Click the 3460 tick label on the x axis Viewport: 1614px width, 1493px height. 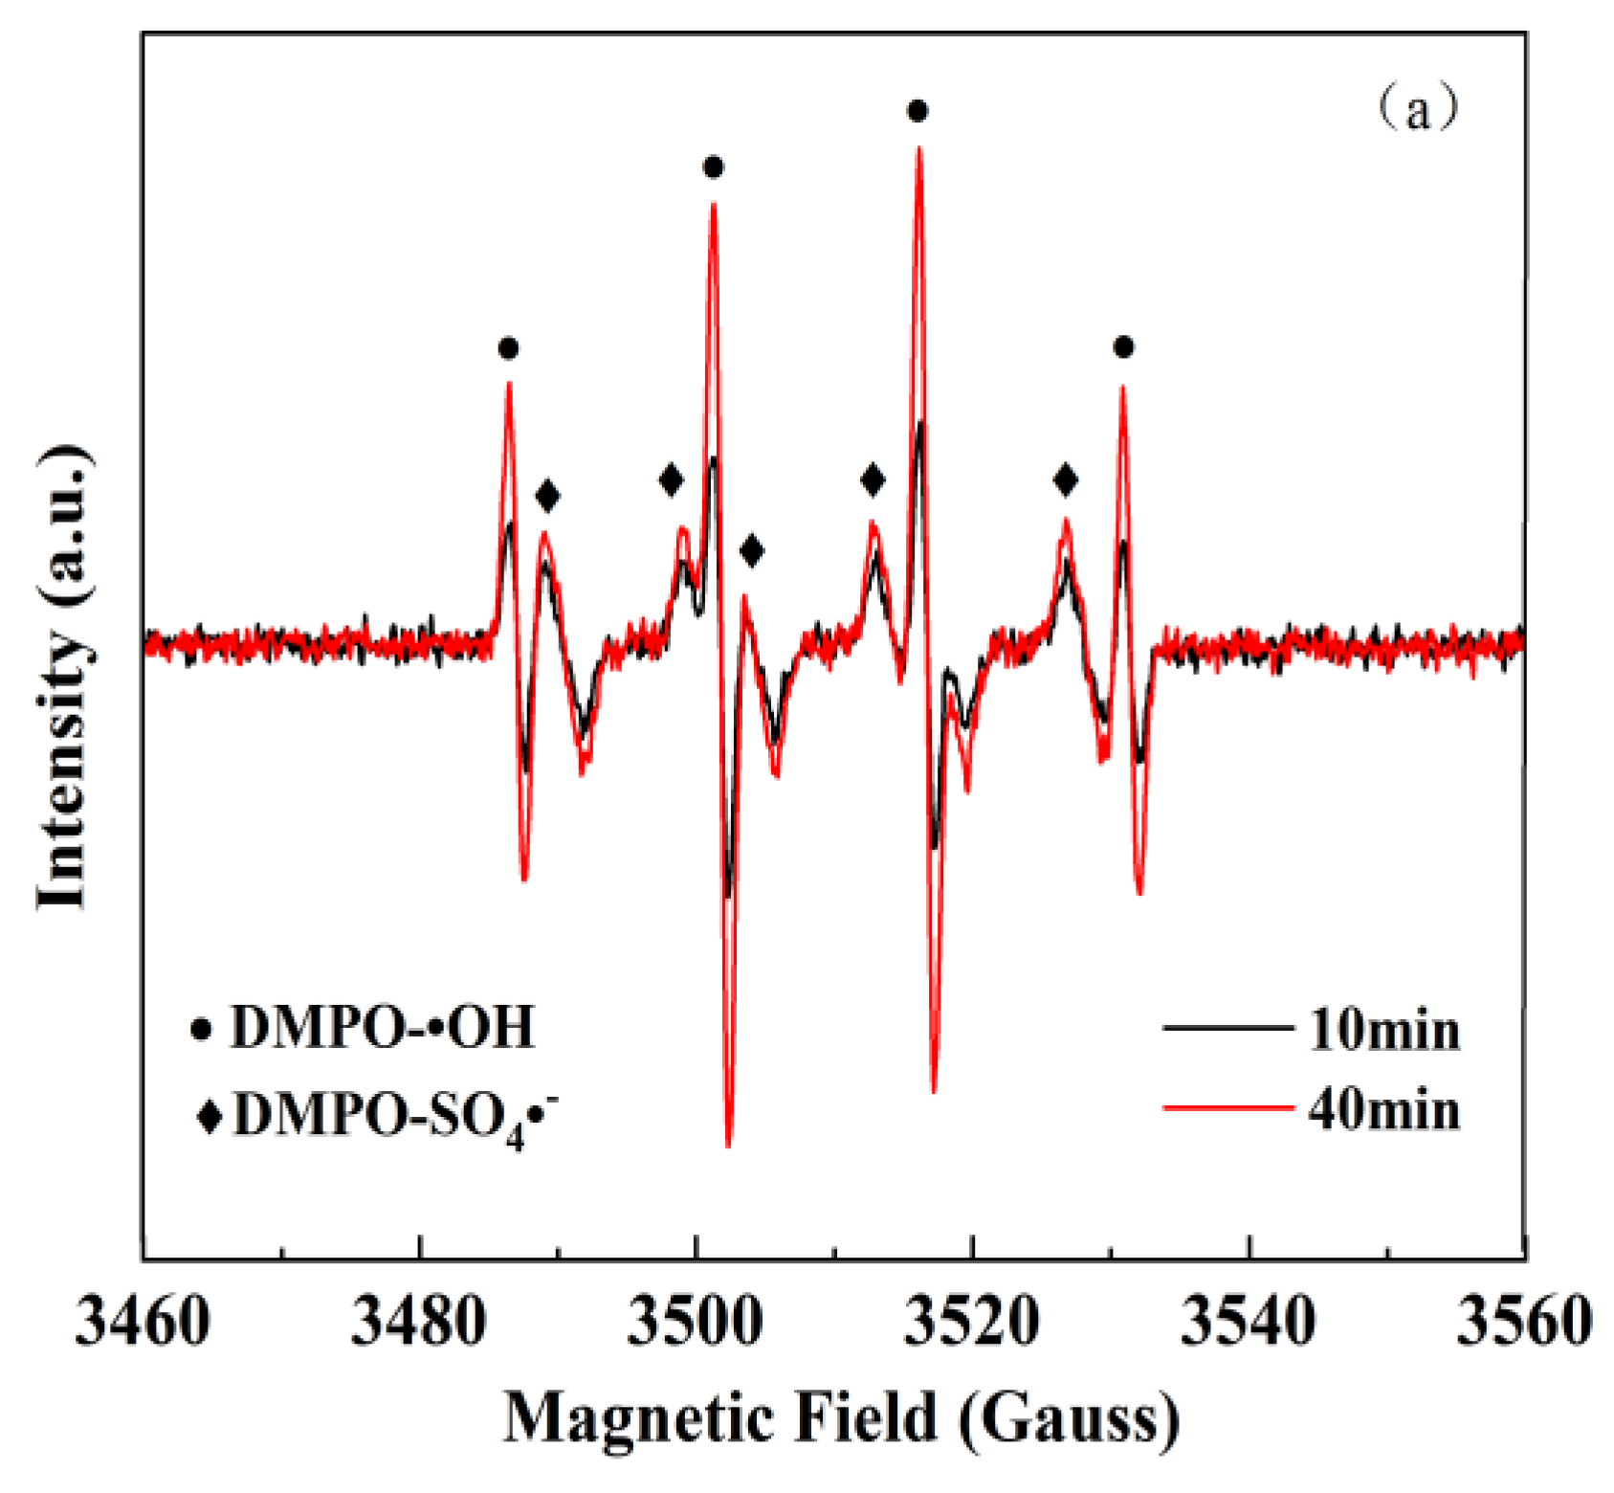(x=143, y=1323)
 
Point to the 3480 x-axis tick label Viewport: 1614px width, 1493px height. (x=419, y=1323)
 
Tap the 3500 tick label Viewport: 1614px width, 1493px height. (x=696, y=1323)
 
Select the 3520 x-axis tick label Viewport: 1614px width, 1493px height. (x=972, y=1323)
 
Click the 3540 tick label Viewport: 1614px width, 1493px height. (x=1249, y=1323)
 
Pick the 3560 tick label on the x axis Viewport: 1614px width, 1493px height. (x=1523, y=1323)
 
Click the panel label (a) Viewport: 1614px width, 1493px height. (x=1418, y=109)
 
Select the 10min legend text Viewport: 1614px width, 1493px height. (x=1384, y=1032)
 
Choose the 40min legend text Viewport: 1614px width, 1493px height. (x=1384, y=1111)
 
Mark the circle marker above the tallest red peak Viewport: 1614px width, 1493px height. (x=918, y=112)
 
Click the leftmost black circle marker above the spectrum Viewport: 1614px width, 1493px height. (x=508, y=348)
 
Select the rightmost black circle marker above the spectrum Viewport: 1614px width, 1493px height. (x=1123, y=347)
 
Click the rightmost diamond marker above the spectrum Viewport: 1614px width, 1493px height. (x=1066, y=480)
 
